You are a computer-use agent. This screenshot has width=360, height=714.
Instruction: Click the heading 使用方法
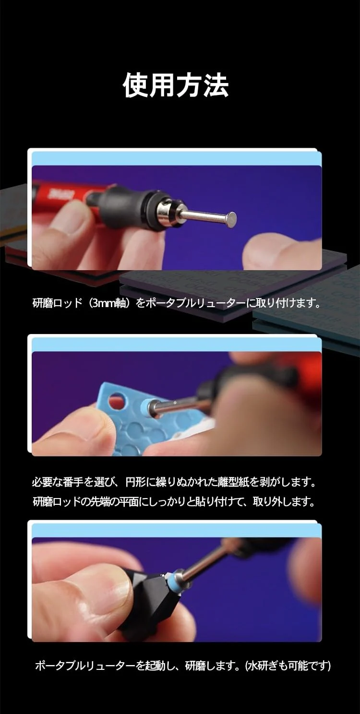(x=176, y=85)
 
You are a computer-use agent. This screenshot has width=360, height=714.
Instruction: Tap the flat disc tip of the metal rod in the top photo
(x=231, y=220)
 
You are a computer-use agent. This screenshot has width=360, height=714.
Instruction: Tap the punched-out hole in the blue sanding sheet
(x=117, y=401)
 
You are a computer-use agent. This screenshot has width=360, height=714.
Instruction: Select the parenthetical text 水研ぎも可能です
(x=288, y=666)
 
